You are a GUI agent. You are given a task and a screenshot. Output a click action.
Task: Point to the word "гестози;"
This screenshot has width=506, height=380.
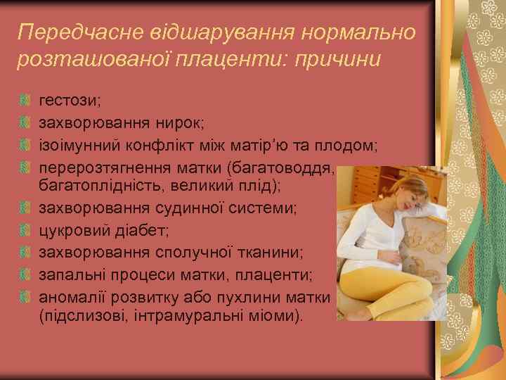(x=70, y=99)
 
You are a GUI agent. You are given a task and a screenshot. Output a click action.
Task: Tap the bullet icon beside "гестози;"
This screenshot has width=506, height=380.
(x=25, y=100)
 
